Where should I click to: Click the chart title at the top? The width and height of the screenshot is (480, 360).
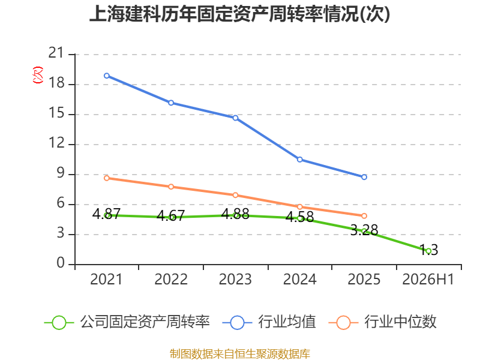point(239,14)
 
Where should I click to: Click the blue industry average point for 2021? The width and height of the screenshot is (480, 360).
point(107,76)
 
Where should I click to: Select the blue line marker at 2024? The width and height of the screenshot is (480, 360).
point(299,160)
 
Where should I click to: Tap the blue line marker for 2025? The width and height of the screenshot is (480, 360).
point(364,177)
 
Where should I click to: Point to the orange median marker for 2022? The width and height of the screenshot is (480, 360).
point(171,187)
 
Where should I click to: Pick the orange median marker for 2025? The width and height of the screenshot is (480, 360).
point(364,216)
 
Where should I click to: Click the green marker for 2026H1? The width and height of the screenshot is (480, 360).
point(428,251)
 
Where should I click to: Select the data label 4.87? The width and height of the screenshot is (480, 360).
point(106,214)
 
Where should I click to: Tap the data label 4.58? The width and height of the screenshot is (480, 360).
point(299,217)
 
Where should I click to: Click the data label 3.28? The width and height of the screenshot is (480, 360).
point(364,230)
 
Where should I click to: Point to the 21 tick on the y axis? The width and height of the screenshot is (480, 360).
point(56,53)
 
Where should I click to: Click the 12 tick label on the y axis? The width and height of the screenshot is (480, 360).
point(56,143)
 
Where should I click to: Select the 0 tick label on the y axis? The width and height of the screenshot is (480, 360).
point(61,263)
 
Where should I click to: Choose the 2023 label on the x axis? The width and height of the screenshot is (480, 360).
point(235,280)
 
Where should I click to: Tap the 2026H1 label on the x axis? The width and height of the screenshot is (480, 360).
point(428,280)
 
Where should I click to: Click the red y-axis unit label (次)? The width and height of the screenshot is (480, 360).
point(38,75)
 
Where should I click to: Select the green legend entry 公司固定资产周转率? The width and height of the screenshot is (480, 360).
point(127,322)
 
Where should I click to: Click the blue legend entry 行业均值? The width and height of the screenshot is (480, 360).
point(269,322)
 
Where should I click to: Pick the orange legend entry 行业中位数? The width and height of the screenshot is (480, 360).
point(383,322)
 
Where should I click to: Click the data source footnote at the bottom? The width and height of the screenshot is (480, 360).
point(239,354)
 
